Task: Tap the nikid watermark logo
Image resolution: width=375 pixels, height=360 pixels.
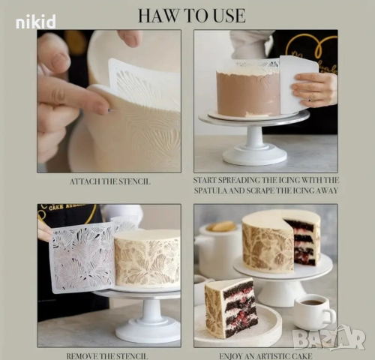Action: click(35, 22)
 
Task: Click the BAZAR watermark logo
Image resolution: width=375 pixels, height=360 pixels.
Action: click(330, 338)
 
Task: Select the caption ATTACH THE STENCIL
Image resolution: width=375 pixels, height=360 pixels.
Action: click(110, 181)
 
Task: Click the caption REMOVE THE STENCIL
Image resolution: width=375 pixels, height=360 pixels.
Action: click(107, 355)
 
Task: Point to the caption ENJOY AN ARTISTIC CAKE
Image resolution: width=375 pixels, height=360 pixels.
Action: click(265, 355)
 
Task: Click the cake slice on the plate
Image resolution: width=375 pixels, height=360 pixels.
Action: click(231, 307)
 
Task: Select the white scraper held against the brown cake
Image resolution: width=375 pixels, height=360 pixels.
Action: click(298, 84)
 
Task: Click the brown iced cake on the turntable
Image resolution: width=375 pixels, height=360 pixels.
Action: click(249, 92)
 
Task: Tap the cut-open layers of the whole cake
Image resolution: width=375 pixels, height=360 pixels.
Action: click(301, 242)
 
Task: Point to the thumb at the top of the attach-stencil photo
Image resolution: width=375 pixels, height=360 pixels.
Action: click(130, 38)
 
